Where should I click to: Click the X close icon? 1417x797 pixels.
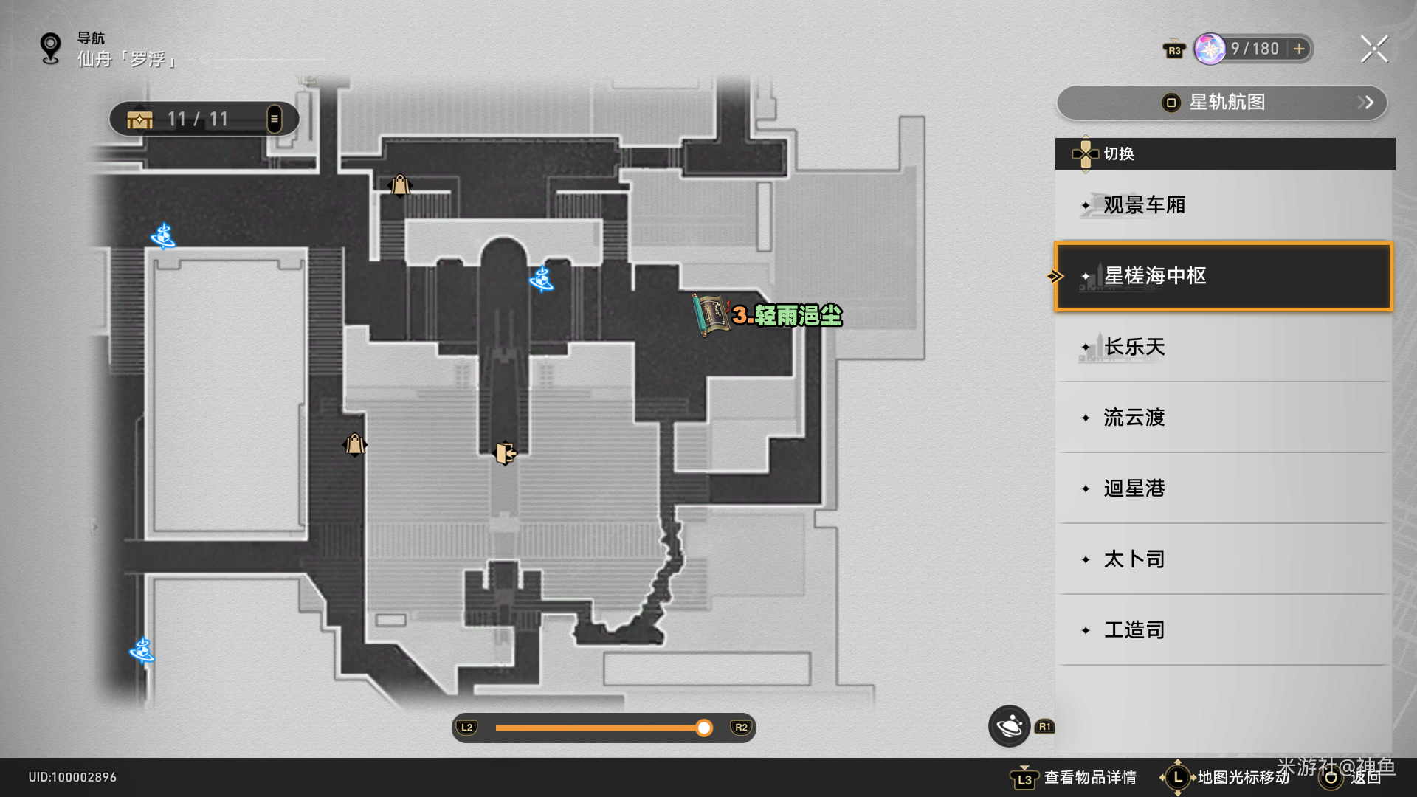(1373, 49)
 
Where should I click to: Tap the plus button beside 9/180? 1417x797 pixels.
(1299, 49)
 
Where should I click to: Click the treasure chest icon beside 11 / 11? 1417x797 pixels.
(139, 120)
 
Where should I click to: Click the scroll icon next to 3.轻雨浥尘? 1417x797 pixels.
(710, 315)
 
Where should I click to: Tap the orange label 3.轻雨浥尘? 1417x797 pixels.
(787, 316)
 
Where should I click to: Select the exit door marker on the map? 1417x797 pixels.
(505, 452)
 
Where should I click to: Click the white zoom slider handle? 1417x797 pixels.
(704, 728)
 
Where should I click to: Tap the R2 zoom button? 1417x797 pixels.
(741, 728)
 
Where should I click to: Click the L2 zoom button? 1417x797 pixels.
(466, 728)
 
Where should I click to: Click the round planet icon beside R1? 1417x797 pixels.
(1009, 726)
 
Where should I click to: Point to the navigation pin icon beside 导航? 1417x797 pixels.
(50, 49)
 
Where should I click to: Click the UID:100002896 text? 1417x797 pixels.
(72, 777)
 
